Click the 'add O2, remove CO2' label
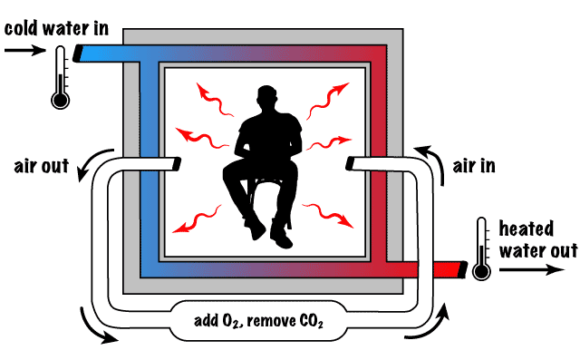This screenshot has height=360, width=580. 259,322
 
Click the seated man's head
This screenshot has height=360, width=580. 268,101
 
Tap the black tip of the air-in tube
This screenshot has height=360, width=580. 352,163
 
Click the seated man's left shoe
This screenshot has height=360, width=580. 256,230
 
